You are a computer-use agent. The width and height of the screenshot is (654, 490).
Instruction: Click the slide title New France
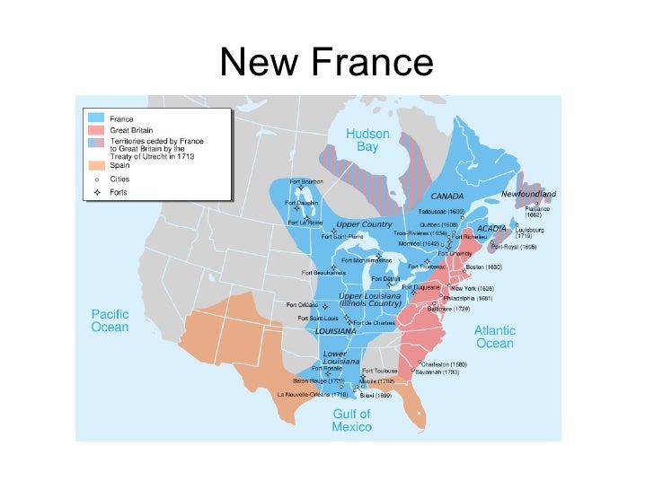(326, 62)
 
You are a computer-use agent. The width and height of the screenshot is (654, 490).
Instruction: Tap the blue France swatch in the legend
(96, 118)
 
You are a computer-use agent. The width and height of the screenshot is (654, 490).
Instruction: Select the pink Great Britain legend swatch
(96, 129)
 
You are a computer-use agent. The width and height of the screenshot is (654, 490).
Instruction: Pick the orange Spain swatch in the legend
(96, 165)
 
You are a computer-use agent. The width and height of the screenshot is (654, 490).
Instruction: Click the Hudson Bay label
(368, 140)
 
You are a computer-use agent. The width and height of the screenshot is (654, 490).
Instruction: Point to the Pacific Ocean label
(110, 320)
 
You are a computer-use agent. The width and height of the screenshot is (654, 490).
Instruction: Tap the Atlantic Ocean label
(494, 337)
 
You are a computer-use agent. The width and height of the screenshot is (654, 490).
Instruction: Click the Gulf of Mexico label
(351, 420)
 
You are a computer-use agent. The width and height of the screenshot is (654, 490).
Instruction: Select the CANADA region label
(446, 195)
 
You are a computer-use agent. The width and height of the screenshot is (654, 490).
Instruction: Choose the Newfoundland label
(528, 194)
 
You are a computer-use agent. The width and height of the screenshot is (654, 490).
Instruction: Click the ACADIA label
(492, 229)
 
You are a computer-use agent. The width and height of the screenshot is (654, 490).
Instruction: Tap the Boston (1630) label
(483, 267)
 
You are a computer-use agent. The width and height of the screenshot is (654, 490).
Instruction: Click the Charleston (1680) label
(446, 364)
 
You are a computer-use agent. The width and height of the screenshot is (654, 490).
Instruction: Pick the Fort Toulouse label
(379, 371)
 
